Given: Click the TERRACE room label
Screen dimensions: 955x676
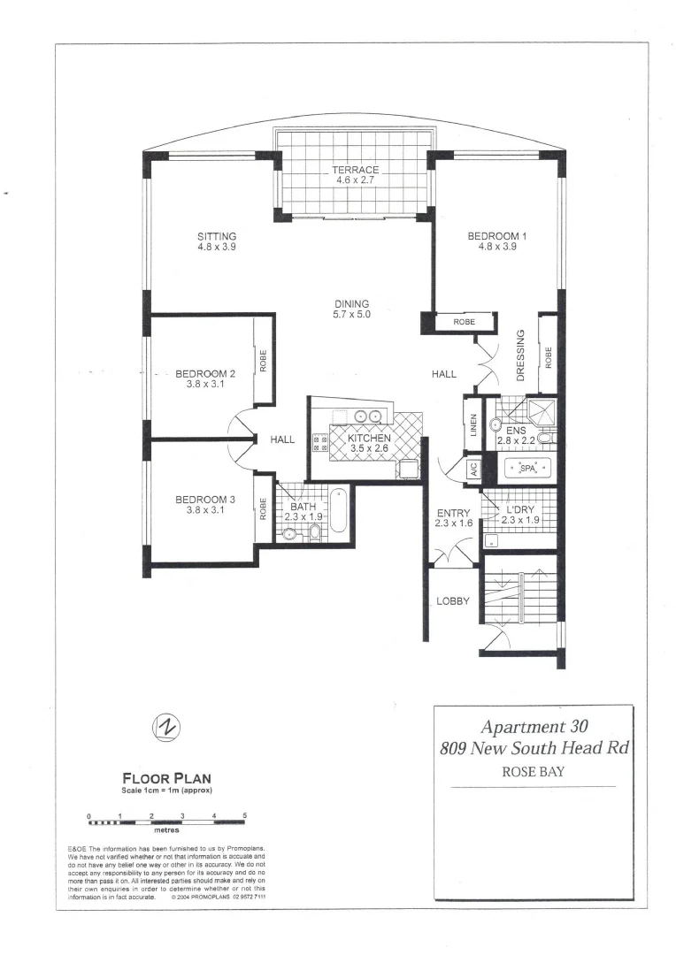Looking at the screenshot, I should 355,171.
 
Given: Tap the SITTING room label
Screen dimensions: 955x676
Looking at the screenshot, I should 217,237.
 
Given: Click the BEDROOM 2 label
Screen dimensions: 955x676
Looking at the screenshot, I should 204,373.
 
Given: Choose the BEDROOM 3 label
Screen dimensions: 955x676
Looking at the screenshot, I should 204,500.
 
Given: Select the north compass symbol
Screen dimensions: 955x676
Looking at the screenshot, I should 165,727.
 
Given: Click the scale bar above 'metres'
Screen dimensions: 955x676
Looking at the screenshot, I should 166,821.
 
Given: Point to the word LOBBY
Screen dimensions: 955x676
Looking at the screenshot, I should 454,601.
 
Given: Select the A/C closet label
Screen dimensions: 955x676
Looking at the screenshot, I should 472,468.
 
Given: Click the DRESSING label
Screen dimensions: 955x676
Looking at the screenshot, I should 520,355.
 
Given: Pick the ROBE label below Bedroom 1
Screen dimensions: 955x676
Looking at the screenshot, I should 464,323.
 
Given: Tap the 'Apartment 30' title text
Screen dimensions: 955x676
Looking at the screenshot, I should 534,727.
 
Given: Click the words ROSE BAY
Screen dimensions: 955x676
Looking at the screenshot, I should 534,770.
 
